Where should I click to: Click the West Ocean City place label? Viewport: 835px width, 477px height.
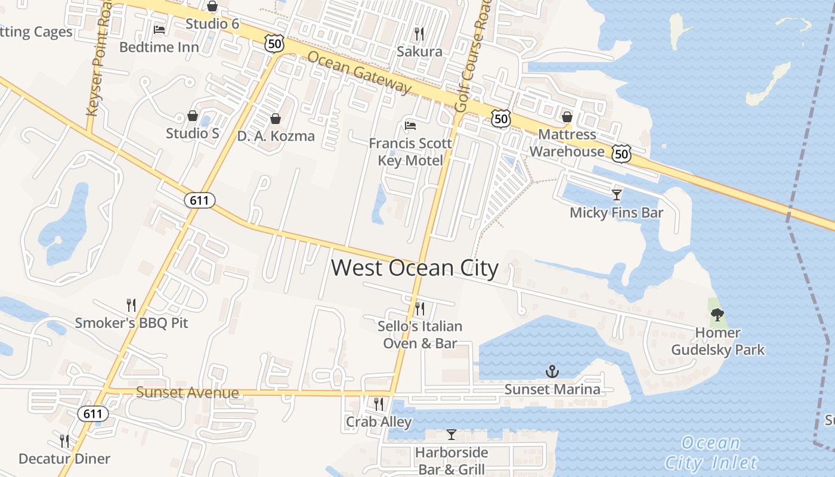tap(415, 268)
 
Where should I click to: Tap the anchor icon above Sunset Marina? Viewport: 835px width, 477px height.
tap(552, 371)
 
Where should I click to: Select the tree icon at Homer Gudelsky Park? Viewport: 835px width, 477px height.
tap(718, 315)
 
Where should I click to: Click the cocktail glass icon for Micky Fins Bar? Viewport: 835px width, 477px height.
tap(617, 194)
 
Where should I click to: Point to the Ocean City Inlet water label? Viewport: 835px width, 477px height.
tap(710, 453)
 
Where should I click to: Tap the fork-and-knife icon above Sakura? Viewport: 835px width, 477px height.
tap(419, 33)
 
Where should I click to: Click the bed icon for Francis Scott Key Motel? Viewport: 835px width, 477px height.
tap(410, 125)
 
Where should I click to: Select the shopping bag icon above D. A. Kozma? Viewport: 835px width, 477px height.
tap(276, 118)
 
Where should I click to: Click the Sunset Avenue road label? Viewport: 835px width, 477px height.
tap(187, 392)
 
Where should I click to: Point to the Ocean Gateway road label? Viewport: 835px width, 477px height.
tap(360, 71)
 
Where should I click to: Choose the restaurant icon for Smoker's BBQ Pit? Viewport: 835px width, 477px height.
tap(131, 305)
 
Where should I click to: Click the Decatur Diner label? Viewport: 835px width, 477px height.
tap(64, 459)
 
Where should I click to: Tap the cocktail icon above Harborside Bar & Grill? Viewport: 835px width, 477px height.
tap(451, 435)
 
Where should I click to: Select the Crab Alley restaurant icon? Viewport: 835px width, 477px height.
tap(379, 404)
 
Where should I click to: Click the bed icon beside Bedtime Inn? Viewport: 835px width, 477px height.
tap(159, 29)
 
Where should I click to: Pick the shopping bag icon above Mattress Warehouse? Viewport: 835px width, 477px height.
tap(567, 117)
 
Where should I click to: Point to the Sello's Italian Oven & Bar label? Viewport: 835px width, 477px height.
tap(420, 334)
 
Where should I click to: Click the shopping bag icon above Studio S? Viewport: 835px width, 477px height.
tap(193, 115)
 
